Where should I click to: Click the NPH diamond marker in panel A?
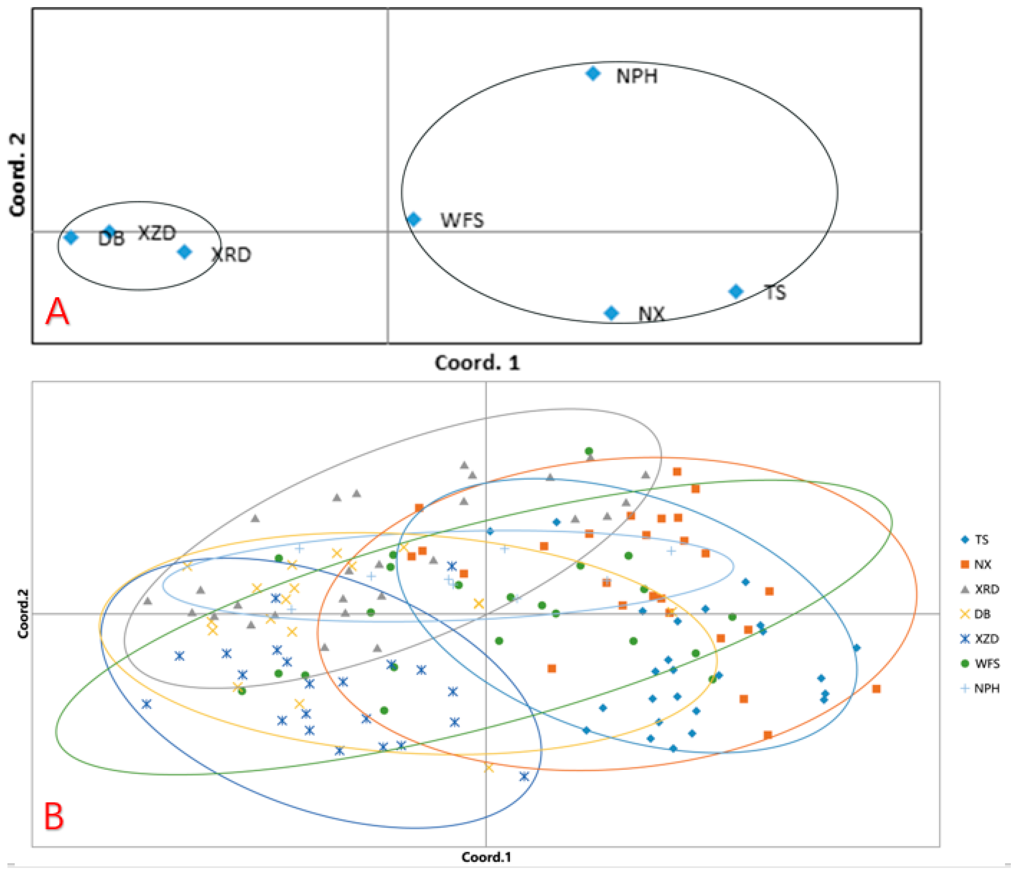[x=593, y=74]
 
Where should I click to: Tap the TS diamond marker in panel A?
[x=736, y=291]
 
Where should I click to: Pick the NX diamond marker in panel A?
[x=611, y=313]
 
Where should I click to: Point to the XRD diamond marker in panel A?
[x=184, y=252]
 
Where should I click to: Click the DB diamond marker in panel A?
[x=71, y=238]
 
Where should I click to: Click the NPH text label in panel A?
[x=637, y=77]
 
